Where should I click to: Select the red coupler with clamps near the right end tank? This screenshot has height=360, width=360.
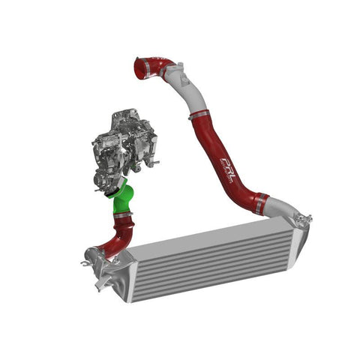[259, 202]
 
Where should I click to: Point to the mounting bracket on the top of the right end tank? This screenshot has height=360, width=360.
[303, 219]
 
